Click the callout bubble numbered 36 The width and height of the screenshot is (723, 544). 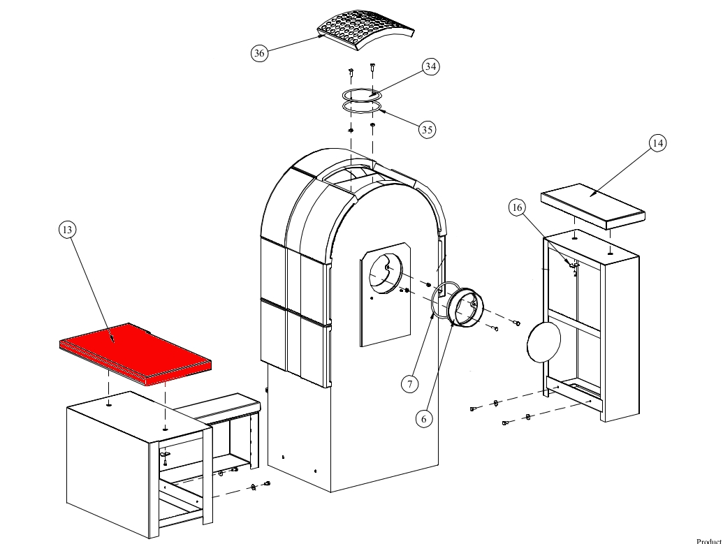pos(259,53)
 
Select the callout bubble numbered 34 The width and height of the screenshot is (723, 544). pos(430,66)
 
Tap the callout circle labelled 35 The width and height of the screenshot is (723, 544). pos(428,128)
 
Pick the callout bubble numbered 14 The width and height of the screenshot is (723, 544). pos(657,143)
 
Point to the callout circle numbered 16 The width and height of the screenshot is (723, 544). pos(517,207)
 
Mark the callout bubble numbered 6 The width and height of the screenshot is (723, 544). pos(423,418)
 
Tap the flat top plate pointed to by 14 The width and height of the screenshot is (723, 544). pos(592,204)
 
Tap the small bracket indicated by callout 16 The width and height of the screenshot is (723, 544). pos(573,265)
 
